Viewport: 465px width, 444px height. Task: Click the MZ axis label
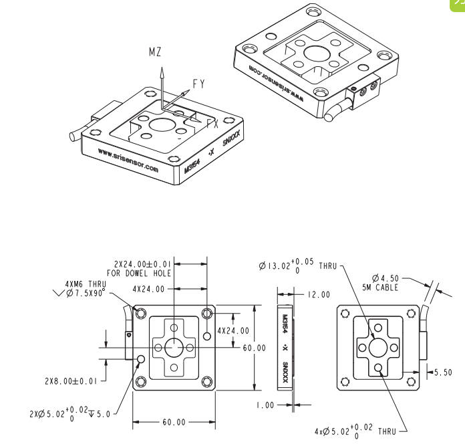coord(154,51)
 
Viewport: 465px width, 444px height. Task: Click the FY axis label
coord(199,84)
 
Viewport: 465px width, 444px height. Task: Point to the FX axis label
coord(212,124)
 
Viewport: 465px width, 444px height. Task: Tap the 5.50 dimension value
coord(444,372)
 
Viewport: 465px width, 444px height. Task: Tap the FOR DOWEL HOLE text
coord(142,273)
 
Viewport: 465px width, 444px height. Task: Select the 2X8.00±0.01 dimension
coord(71,381)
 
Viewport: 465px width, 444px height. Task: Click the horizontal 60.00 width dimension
coord(173,423)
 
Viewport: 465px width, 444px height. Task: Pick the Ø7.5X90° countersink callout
coord(86,292)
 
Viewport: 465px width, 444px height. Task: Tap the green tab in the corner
coord(458,3)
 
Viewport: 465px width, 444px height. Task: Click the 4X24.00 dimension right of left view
coord(234,330)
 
